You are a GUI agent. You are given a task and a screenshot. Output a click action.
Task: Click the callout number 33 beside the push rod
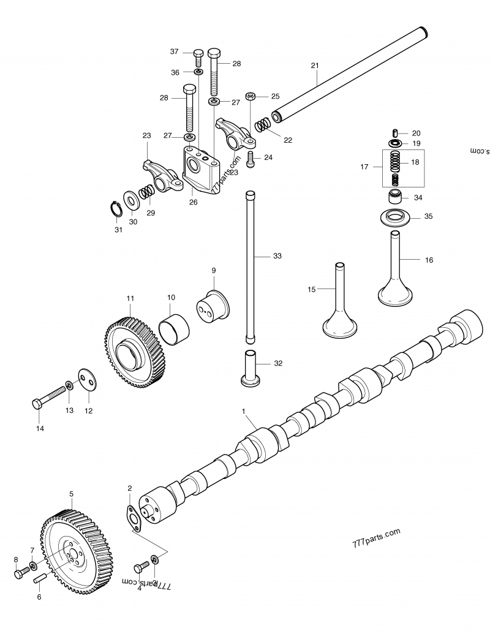pyautogui.click(x=277, y=256)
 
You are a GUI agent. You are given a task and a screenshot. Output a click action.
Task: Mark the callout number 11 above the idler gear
pyautogui.click(x=130, y=298)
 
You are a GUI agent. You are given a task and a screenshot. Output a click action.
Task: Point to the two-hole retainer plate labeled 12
pyautogui.click(x=88, y=380)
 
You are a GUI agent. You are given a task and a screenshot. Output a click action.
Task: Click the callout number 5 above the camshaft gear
pyautogui.click(x=71, y=493)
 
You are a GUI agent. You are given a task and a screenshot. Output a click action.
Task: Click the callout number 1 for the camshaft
pyautogui.click(x=243, y=410)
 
